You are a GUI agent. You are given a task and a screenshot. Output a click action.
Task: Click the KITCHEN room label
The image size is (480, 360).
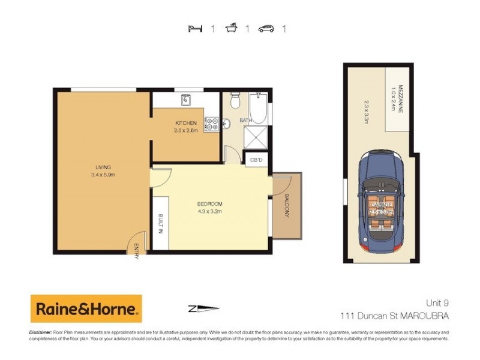[x=185, y=123]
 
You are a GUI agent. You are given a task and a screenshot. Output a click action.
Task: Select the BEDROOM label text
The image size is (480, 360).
[x=210, y=204]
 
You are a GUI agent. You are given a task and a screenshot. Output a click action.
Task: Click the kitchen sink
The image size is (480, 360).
[x=185, y=99]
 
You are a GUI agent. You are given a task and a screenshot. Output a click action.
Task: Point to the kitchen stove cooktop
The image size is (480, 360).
[x=210, y=124]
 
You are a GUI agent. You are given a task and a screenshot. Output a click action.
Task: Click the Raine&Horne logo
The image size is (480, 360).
[x=86, y=309]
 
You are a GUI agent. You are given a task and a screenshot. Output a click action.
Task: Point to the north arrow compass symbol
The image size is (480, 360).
[x=200, y=310]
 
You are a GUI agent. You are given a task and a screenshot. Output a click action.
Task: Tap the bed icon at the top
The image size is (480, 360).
[x=194, y=28]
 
